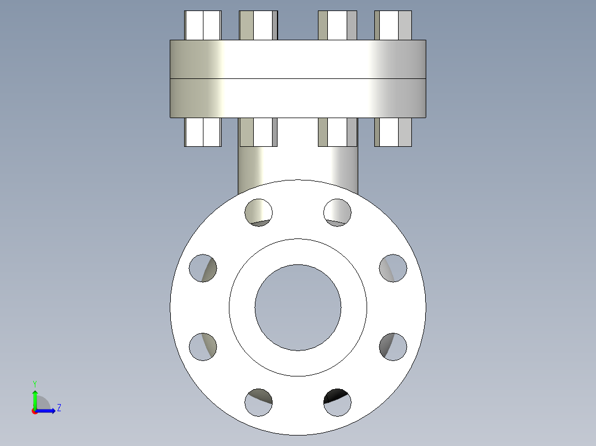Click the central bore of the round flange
(298, 307)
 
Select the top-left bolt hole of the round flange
(259, 212)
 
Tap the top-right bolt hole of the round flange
(337, 212)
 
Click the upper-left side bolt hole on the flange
(203, 268)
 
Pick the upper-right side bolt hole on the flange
(393, 268)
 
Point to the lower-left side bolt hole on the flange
(203, 347)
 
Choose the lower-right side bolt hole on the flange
(393, 347)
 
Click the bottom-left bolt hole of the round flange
(259, 402)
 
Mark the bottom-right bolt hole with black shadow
(337, 402)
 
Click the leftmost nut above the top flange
(203, 25)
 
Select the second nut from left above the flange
(258, 25)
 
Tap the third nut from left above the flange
(337, 25)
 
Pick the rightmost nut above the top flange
(393, 25)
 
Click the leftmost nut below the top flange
(203, 132)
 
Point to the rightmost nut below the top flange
(393, 132)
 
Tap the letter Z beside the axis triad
(59, 408)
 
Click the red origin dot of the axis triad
(35, 411)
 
